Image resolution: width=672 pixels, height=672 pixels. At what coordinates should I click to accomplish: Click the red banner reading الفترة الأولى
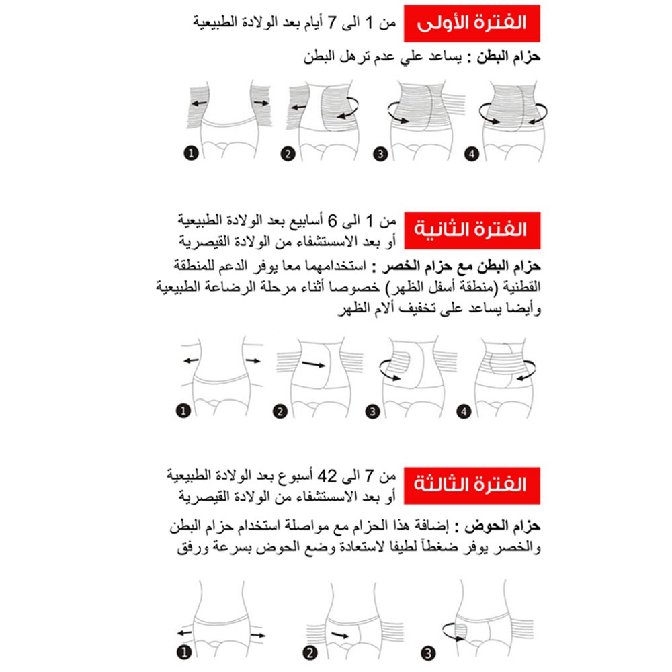point(471,23)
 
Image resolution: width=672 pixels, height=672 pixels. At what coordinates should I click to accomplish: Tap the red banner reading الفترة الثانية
point(471,229)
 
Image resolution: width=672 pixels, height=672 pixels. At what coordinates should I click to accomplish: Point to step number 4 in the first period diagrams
point(472,154)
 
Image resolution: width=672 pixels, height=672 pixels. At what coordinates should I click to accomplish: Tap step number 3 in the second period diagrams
point(370,411)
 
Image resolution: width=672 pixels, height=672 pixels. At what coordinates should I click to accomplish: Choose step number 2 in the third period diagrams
point(310,652)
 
